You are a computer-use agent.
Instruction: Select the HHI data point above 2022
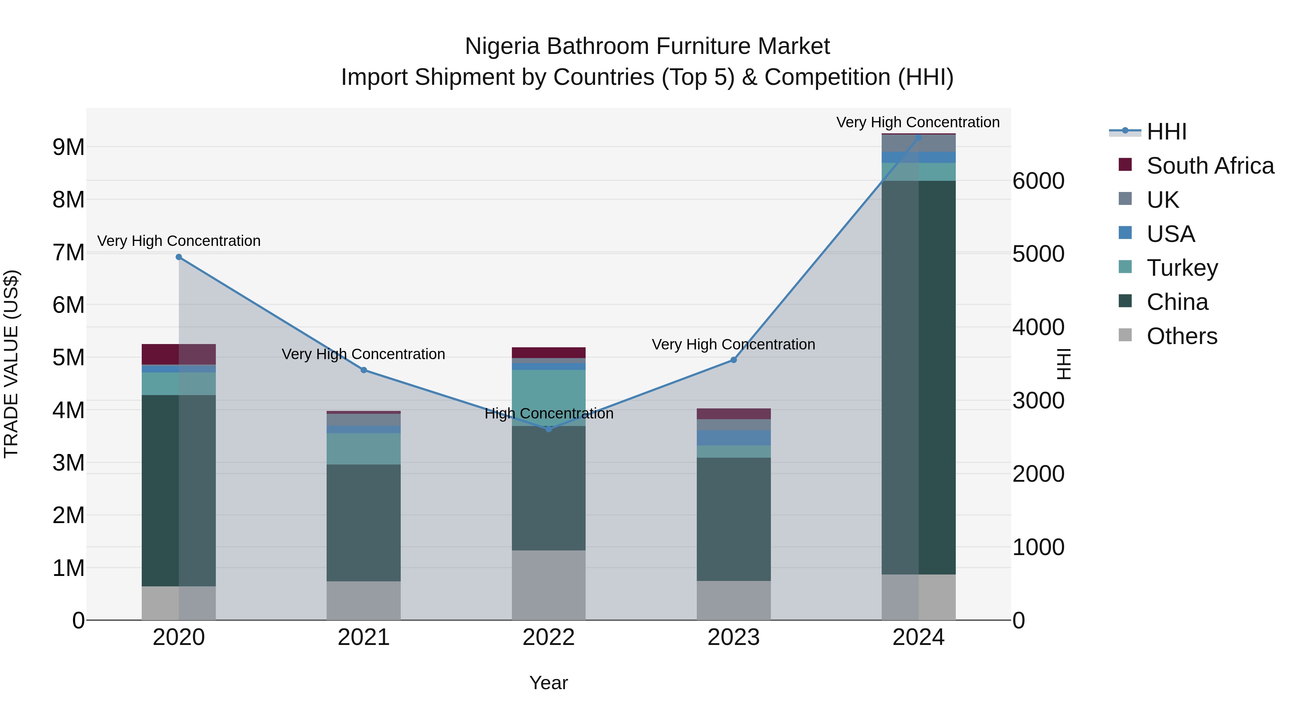tap(549, 429)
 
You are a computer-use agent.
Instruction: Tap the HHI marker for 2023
tap(733, 360)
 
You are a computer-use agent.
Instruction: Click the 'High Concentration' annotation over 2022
tap(549, 413)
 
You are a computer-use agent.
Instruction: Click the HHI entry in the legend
tap(1166, 132)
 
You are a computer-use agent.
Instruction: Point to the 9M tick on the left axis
tap(68, 147)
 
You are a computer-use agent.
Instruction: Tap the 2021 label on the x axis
tap(363, 637)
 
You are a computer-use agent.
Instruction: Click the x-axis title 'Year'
tap(549, 683)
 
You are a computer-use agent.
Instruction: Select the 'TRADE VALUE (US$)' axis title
tap(11, 364)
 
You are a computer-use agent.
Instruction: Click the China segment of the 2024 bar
tap(918, 377)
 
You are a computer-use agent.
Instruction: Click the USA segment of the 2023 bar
tap(733, 438)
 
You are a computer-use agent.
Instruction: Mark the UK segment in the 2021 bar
tap(363, 420)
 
